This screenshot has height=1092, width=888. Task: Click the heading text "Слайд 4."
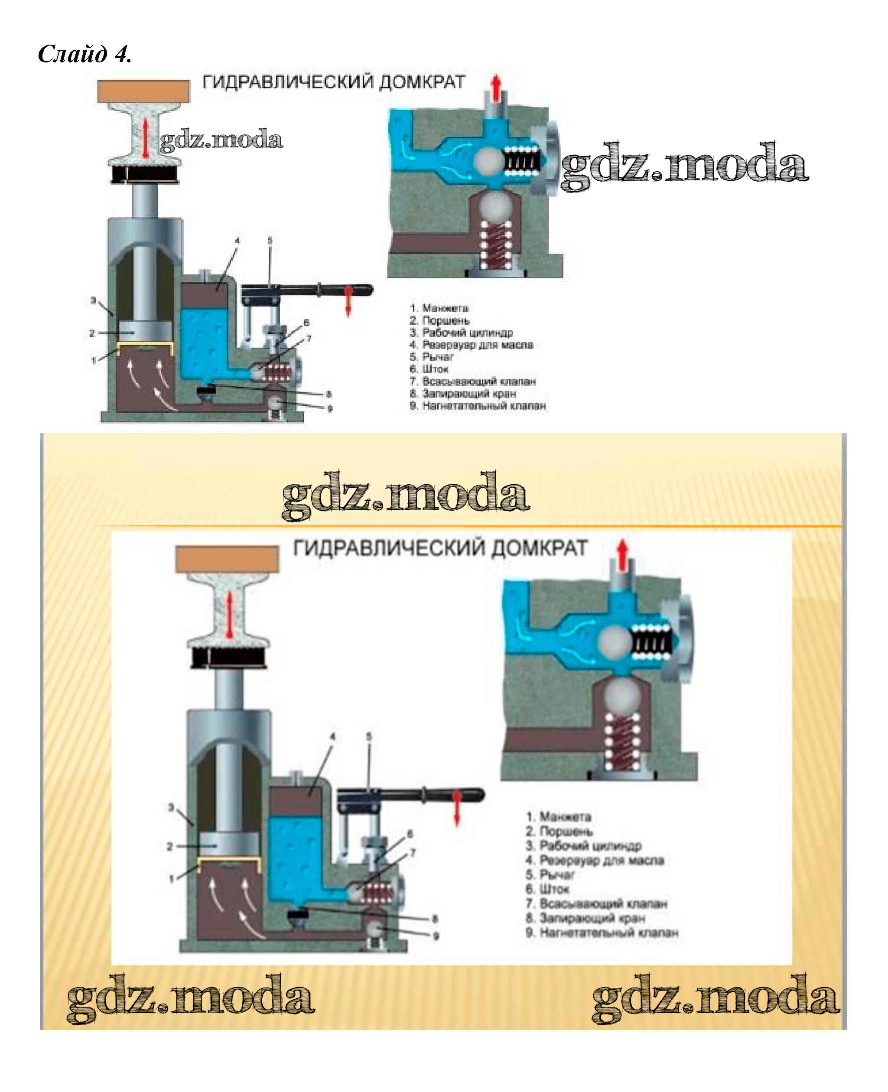85,54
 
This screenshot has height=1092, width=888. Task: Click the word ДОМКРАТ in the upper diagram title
422,82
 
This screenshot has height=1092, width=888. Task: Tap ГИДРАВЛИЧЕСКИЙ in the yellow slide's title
389,548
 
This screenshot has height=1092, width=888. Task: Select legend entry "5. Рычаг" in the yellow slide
550,874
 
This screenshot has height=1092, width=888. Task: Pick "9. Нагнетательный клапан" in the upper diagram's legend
478,406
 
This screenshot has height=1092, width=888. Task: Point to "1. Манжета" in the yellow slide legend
559,817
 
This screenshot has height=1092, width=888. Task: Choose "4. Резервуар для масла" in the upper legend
471,345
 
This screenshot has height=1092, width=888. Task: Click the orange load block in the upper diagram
143,91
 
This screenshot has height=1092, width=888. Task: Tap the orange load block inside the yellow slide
227,559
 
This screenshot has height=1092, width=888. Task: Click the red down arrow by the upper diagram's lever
348,301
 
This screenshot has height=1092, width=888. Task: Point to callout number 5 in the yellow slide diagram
369,737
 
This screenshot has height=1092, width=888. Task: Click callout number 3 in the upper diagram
94,300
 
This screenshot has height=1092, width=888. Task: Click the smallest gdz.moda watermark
221,140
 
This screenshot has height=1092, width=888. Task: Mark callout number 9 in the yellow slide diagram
436,936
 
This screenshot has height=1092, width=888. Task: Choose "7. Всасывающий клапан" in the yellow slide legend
596,904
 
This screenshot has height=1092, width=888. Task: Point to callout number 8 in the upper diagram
329,394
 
